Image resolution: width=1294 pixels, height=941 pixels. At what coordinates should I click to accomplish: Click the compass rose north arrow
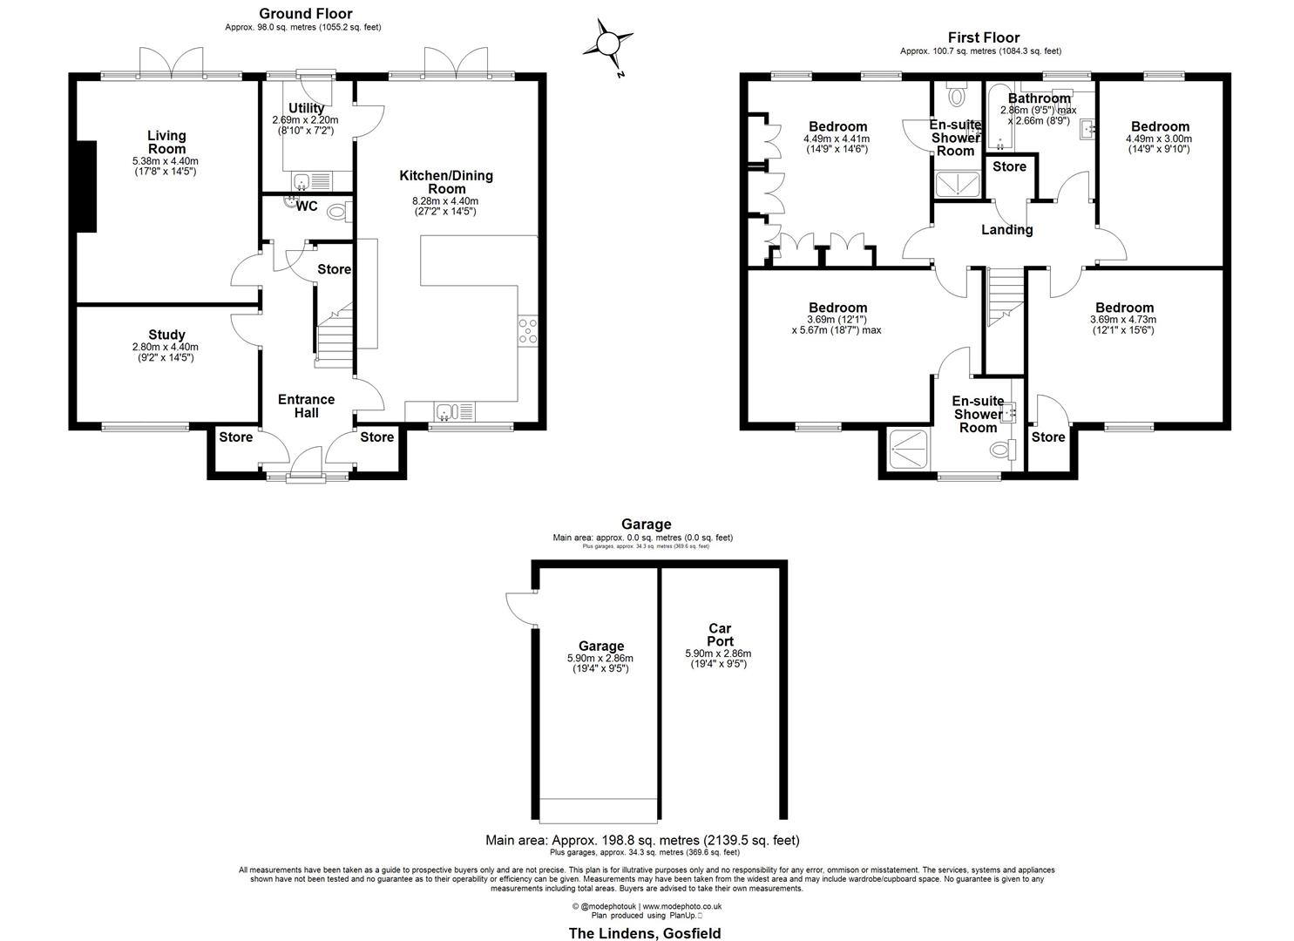coord(607,44)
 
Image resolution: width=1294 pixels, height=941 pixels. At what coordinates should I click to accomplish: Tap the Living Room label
coord(166,142)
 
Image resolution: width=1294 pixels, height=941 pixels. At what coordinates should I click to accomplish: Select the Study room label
coord(166,335)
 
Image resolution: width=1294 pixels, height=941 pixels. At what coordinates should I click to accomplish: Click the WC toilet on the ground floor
coord(342,210)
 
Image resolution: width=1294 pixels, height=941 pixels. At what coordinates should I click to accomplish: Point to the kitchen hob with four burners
coord(527,331)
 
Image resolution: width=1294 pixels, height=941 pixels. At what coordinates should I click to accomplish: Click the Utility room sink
coord(301,180)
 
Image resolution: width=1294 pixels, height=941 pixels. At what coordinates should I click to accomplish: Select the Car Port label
coord(720,634)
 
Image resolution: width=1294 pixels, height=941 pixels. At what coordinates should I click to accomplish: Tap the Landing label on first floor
coord(1006,230)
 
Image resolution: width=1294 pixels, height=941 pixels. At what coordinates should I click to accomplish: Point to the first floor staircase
coord(1003,295)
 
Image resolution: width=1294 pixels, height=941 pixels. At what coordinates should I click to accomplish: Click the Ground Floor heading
coord(305,13)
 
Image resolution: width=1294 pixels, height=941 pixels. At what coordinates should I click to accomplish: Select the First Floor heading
coord(983,37)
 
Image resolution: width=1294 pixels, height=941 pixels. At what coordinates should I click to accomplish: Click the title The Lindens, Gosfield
coord(645,933)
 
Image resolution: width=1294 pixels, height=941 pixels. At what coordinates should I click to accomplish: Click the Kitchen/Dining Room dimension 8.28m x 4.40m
coord(445,201)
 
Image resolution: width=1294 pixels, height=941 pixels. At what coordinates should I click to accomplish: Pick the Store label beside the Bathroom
coord(1009,166)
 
